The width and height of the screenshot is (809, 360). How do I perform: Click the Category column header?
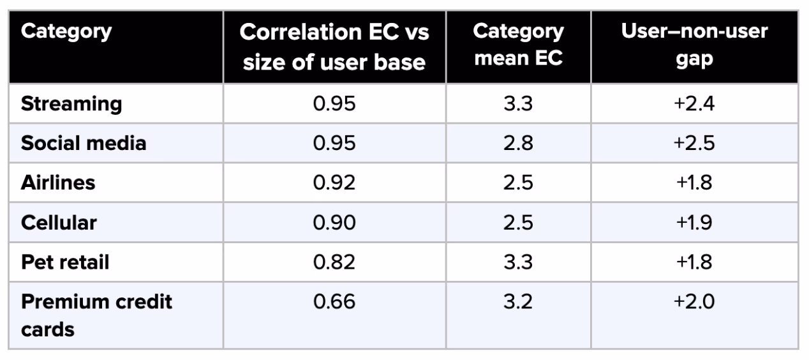point(66,32)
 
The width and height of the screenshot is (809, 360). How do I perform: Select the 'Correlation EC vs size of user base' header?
point(334,47)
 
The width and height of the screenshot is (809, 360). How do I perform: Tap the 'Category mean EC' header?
point(518,45)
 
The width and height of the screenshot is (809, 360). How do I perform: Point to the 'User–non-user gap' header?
point(694,45)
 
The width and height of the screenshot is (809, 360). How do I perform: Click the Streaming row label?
point(71,105)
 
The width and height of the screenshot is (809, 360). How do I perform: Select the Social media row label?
point(84,143)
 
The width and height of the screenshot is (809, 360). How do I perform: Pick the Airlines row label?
point(58,183)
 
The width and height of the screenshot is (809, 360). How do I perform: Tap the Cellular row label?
point(59,222)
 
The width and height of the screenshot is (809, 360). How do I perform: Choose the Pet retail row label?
point(65,262)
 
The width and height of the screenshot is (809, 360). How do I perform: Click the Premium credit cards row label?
point(96,315)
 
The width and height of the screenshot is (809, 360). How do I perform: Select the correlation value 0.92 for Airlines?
point(334,183)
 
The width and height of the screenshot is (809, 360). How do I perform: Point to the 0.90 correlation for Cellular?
point(334,222)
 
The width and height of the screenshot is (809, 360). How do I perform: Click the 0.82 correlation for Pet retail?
point(334,262)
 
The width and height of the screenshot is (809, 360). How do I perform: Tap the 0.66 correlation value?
point(334,301)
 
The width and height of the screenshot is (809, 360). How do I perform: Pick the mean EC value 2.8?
point(518,143)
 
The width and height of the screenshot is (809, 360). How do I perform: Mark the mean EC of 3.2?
point(518,301)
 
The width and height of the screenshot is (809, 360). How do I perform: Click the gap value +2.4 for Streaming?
point(694,104)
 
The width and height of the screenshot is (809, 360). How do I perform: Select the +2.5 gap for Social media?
point(694,143)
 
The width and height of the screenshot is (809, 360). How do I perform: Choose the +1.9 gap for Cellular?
point(694,222)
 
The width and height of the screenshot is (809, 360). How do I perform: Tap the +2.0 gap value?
point(694,301)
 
